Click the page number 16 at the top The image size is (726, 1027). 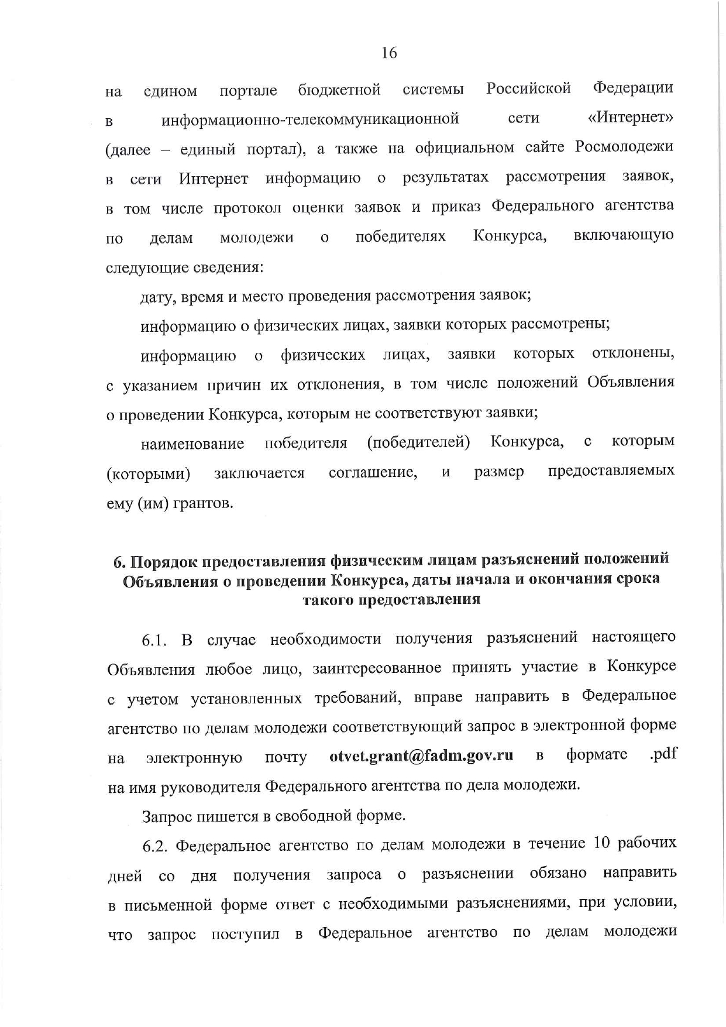[389, 53]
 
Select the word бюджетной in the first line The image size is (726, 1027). [339, 90]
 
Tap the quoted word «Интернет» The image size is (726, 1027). [631, 119]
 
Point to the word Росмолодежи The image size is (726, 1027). [624, 147]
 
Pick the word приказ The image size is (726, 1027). [457, 207]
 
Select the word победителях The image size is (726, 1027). [401, 236]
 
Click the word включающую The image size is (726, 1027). [624, 235]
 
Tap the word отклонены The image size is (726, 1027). [633, 354]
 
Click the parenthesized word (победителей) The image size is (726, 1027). [418, 442]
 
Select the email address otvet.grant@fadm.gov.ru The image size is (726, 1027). [421, 755]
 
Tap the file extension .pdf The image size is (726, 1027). [663, 754]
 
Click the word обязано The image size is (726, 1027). [558, 874]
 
